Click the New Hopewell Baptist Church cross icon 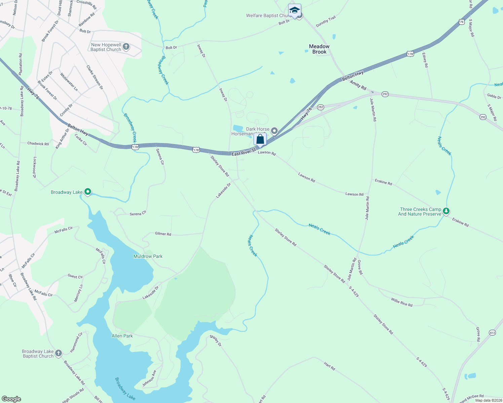coord(126,46)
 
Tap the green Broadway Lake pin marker coord(88,192)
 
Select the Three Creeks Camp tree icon coord(446,211)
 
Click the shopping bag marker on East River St coord(260,139)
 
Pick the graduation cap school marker coord(295,10)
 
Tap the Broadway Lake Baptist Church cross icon coord(59,353)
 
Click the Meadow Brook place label coord(319,49)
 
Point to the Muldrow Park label coord(148,256)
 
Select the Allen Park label coord(122,336)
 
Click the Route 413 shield coord(492,333)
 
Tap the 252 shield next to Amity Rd coord(385,94)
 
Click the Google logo coord(11,399)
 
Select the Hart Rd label coord(330,366)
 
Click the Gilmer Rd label coord(163,234)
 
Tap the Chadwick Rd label coord(38,143)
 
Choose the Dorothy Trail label coord(326,21)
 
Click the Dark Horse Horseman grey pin coord(274,131)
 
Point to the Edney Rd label coord(425,60)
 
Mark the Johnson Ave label coord(149,378)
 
